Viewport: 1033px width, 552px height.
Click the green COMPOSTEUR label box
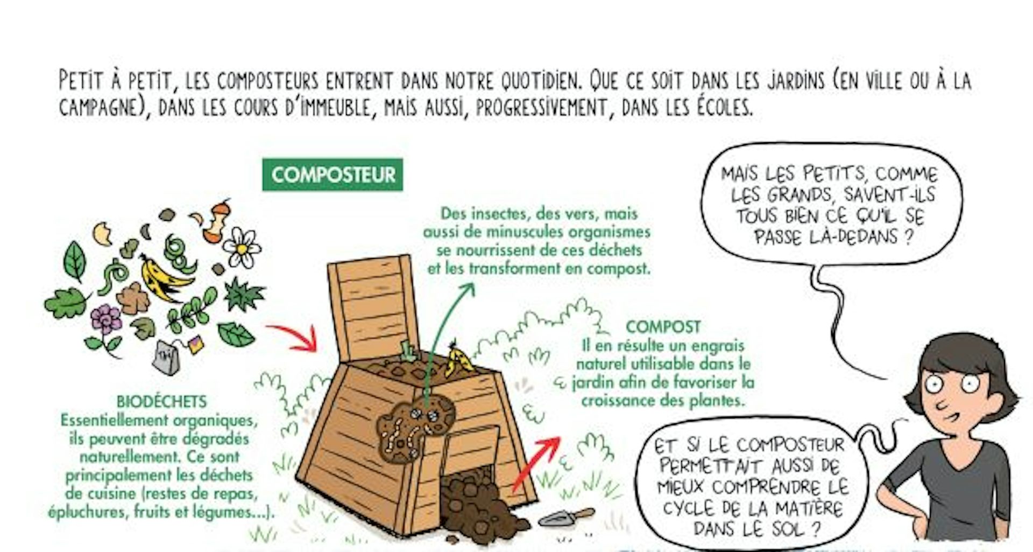pos(332,174)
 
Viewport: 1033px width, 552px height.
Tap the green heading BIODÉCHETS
pos(162,402)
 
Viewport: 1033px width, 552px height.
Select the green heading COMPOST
pos(663,327)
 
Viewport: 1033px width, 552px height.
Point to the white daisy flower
pos(242,247)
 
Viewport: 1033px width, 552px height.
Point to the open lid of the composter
pos(374,310)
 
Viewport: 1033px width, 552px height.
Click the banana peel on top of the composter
pos(458,359)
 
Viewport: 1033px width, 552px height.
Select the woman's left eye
pos(970,383)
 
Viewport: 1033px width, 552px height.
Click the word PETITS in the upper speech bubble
pos(833,173)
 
